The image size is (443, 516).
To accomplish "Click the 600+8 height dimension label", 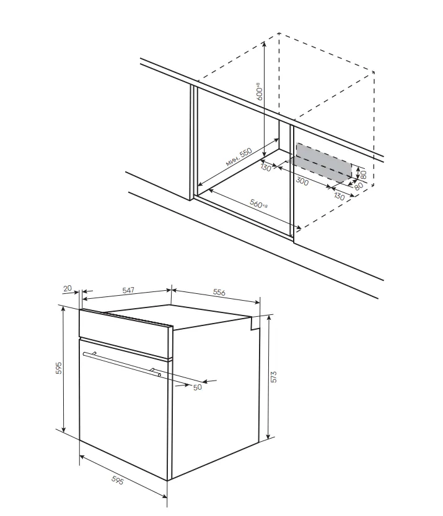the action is (x=260, y=91).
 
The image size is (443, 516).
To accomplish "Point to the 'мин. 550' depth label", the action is (x=239, y=157).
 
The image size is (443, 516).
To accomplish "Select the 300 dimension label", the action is (x=302, y=181).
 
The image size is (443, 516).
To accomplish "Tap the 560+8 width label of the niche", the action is (x=258, y=204).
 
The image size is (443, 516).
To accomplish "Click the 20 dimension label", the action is (x=68, y=288).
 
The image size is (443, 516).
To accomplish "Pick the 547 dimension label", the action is (x=128, y=290).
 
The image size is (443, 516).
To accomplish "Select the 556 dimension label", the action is (x=219, y=292).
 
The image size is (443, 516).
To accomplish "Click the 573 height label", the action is (x=274, y=377).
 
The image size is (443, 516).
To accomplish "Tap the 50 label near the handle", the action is (x=198, y=387).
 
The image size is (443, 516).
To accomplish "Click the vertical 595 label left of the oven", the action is (x=59, y=368).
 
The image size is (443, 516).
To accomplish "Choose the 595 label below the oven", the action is (x=117, y=481).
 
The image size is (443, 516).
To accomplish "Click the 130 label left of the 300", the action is (x=266, y=168).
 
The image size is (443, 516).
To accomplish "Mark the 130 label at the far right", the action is (x=339, y=197).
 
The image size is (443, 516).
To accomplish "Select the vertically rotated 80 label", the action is (x=364, y=174).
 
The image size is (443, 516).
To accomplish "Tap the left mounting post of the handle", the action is (x=95, y=353).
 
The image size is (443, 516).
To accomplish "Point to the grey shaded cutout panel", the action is (x=324, y=163).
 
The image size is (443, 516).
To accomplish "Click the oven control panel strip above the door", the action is (x=126, y=333).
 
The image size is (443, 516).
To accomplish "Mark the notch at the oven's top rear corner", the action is (x=255, y=323).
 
